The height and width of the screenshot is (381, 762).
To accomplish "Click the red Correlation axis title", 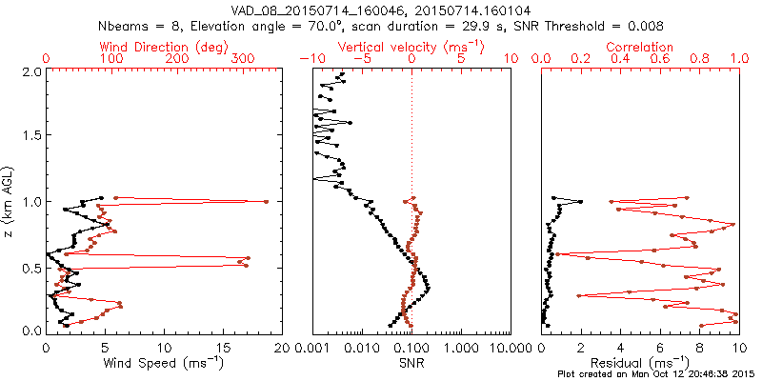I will pos(639,47).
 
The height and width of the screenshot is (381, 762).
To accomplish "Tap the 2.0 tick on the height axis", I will pos(31,71).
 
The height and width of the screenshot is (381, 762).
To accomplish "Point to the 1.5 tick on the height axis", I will pos(31,136).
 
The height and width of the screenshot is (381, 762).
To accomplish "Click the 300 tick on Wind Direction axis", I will pos(242,59).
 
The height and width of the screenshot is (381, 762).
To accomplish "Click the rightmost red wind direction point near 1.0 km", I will pos(266,201).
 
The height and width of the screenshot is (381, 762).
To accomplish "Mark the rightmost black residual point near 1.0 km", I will pos(580,201).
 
